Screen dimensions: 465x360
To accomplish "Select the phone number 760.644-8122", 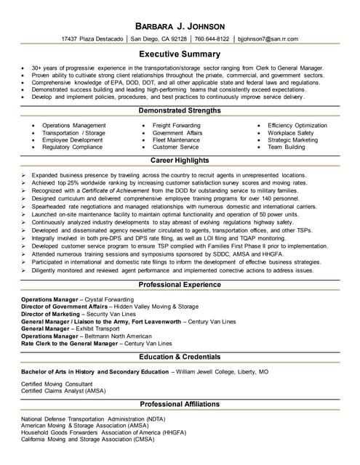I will (212, 39).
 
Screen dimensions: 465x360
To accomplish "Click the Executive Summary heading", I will (180, 54).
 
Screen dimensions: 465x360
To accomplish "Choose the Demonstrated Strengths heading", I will (180, 110).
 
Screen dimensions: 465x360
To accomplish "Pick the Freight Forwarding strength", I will (177, 126).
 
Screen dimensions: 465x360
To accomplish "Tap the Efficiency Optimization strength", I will (297, 126).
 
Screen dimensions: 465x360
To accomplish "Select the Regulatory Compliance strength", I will (72, 147).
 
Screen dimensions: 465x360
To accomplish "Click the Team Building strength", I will (286, 147).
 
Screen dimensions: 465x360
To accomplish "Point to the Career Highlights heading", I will (180, 161).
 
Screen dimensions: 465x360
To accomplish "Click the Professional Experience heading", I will (180, 285).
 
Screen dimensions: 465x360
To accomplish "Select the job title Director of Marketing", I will (55, 314).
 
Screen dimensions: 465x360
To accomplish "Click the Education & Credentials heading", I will (180, 357).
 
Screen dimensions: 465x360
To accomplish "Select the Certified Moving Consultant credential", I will (56, 383).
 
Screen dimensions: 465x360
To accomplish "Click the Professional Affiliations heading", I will (180, 405).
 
